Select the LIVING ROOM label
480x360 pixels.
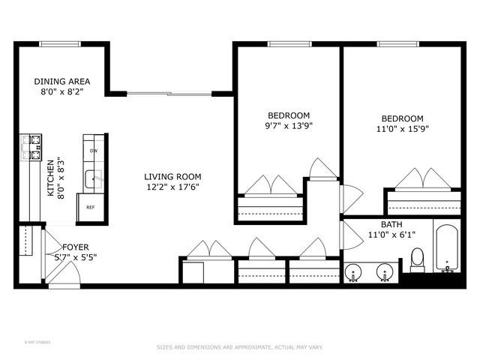click(x=172, y=177)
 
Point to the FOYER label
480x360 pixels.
click(x=75, y=247)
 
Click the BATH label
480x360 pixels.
click(x=391, y=224)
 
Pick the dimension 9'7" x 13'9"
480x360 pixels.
click(x=289, y=126)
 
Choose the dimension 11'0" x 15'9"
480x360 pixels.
click(x=402, y=128)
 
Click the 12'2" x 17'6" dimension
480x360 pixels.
click(x=172, y=187)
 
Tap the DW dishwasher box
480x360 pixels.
click(x=94, y=151)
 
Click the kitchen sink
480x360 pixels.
click(x=93, y=179)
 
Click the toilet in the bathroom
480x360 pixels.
click(x=418, y=259)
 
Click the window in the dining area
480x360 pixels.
click(x=61, y=44)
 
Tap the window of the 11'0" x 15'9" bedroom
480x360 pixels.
click(x=397, y=44)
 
